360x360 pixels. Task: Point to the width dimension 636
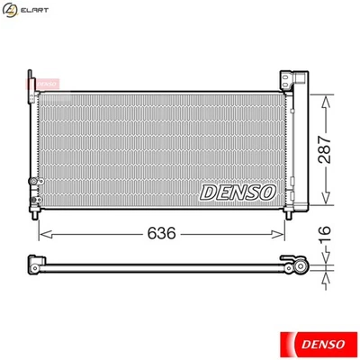coord(161,233)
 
